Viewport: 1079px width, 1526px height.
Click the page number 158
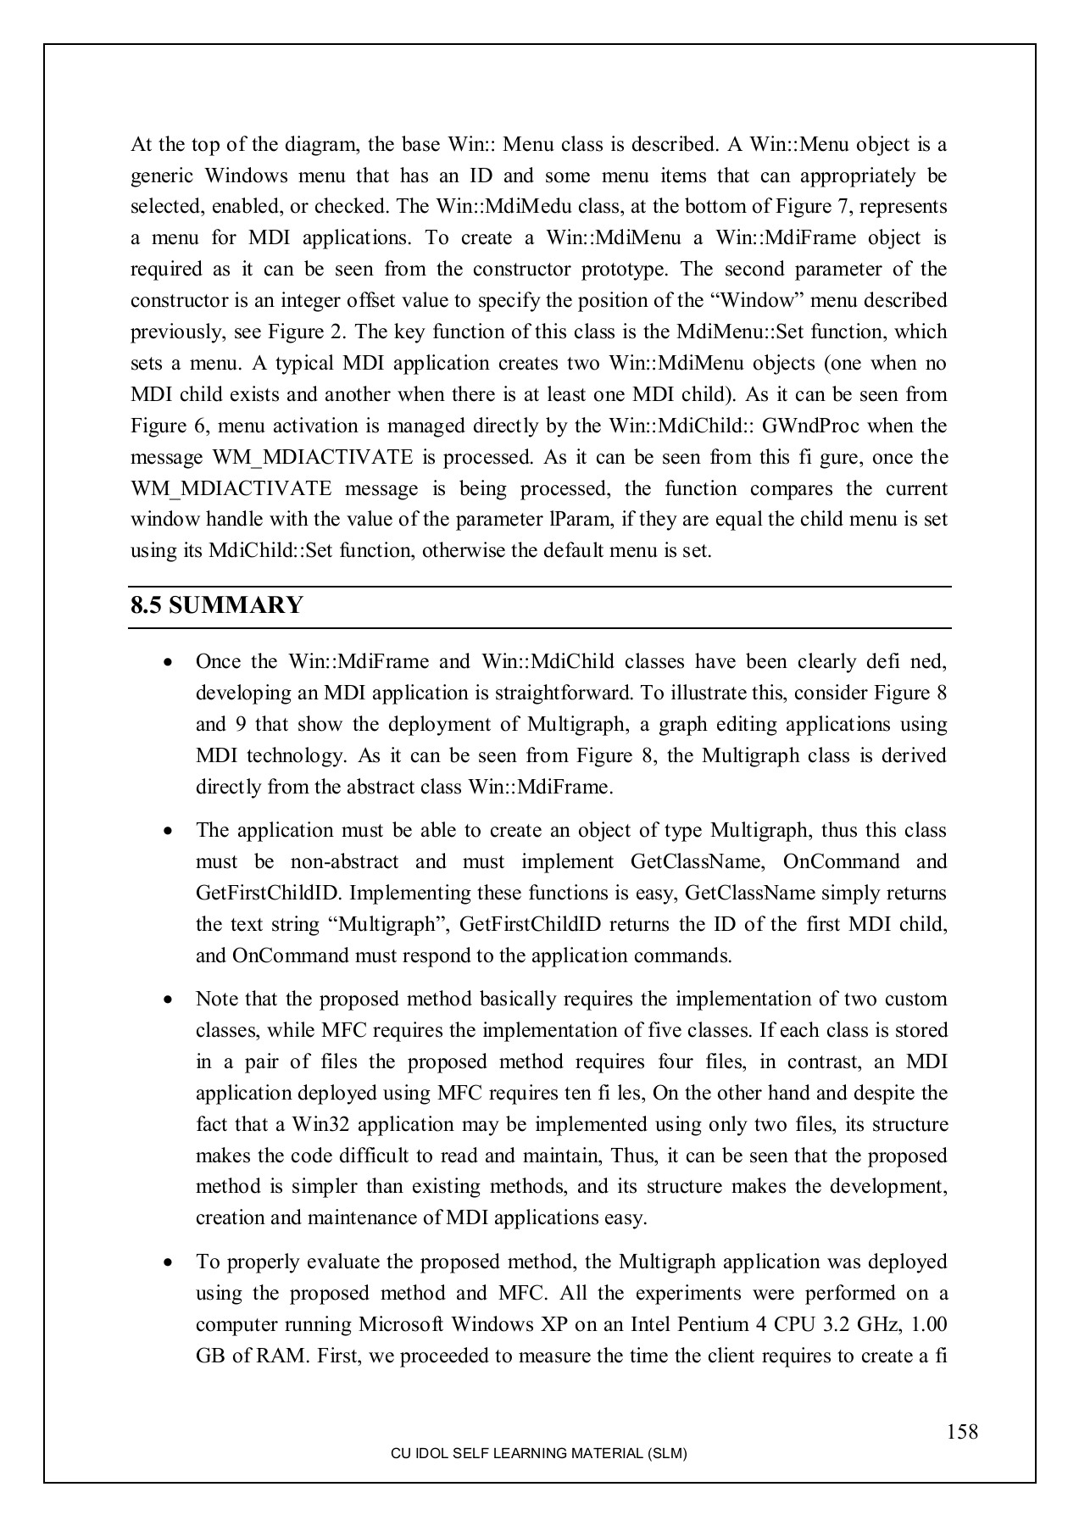(962, 1432)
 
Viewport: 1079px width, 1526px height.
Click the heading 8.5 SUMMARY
(216, 606)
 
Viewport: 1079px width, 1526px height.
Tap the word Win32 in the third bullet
(316, 1125)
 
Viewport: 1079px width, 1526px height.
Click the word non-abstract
(344, 862)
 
